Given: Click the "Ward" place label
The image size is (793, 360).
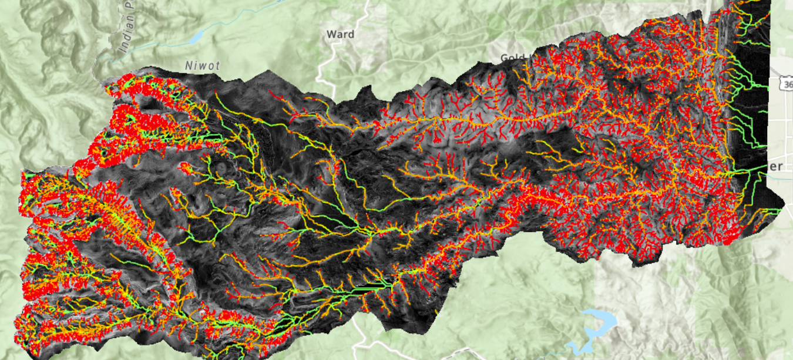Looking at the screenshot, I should pyautogui.click(x=340, y=35).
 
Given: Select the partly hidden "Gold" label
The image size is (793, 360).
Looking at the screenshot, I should pyautogui.click(x=512, y=58).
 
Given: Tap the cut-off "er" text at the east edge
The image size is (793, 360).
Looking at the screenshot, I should pyautogui.click(x=777, y=166).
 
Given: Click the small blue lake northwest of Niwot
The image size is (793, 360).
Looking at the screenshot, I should pyautogui.click(x=196, y=37).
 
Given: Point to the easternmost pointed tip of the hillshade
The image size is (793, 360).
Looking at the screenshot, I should pyautogui.click(x=784, y=206).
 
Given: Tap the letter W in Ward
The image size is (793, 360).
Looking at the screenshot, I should pyautogui.click(x=331, y=35).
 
